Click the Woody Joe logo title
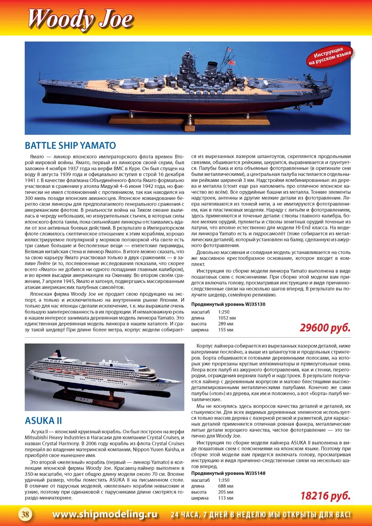[x=80, y=19]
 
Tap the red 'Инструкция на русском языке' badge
[x=329, y=55]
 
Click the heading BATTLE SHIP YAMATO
[x=70, y=145]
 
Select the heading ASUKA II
[x=43, y=420]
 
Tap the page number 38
[x=24, y=514]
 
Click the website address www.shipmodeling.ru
[x=105, y=514]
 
